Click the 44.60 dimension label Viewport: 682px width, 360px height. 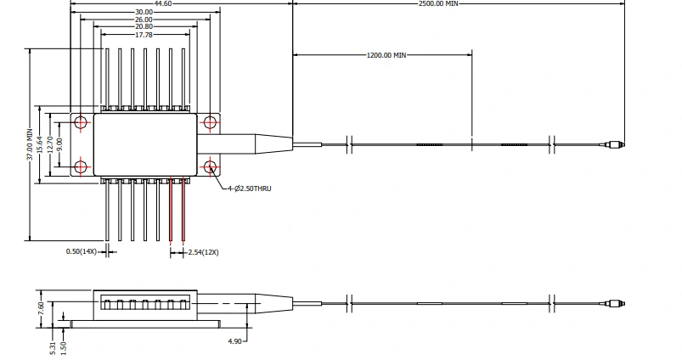(164, 3)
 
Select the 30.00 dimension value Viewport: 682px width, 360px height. (144, 12)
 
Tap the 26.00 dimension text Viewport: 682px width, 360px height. (144, 20)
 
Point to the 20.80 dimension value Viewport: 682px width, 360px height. (144, 27)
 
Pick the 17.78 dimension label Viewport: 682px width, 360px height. (144, 35)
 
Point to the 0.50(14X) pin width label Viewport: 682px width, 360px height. (82, 251)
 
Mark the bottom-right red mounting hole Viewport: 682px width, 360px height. (212, 166)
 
